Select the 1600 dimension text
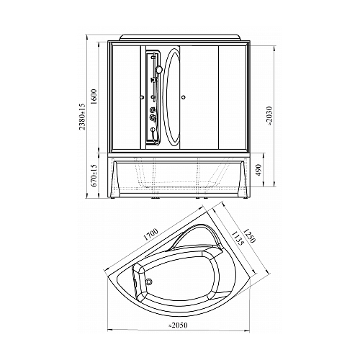[x=94, y=96]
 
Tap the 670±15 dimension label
[x=94, y=175]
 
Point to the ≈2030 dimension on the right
[x=269, y=116]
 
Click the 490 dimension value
[x=258, y=170]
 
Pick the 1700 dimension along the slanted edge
[x=150, y=234]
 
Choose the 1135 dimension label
[x=238, y=238]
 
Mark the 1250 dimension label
[x=248, y=235]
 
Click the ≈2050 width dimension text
[x=178, y=325]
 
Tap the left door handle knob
[x=142, y=97]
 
